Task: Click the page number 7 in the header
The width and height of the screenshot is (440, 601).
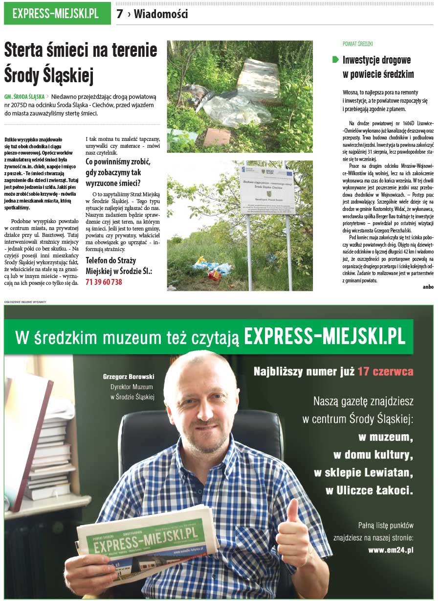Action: tap(120, 14)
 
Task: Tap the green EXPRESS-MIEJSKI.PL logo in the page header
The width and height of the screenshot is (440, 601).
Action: tap(56, 14)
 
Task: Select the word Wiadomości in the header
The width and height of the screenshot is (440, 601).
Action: tap(161, 14)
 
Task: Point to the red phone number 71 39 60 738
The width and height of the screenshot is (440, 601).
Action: tap(104, 282)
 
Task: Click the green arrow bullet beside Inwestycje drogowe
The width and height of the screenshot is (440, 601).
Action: tap(335, 60)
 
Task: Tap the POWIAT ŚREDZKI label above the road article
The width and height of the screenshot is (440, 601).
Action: tap(358, 44)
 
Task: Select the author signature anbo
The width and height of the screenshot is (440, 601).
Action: tap(428, 287)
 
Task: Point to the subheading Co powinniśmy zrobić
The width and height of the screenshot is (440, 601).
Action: tap(118, 162)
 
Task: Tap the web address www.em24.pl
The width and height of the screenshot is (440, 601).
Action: tap(391, 550)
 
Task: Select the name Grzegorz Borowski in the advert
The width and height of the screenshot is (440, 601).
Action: tap(129, 377)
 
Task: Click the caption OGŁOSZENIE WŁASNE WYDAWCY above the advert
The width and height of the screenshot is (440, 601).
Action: tap(25, 301)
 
